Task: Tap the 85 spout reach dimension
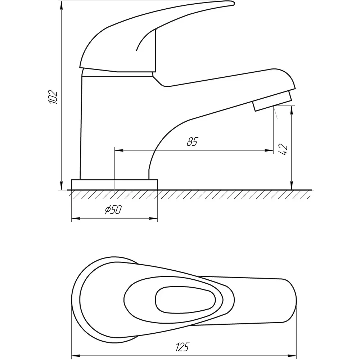192,141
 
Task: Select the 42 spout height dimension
283,149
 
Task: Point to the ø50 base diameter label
113,210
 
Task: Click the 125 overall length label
182,347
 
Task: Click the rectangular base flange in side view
114,185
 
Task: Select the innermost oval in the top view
185,300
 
